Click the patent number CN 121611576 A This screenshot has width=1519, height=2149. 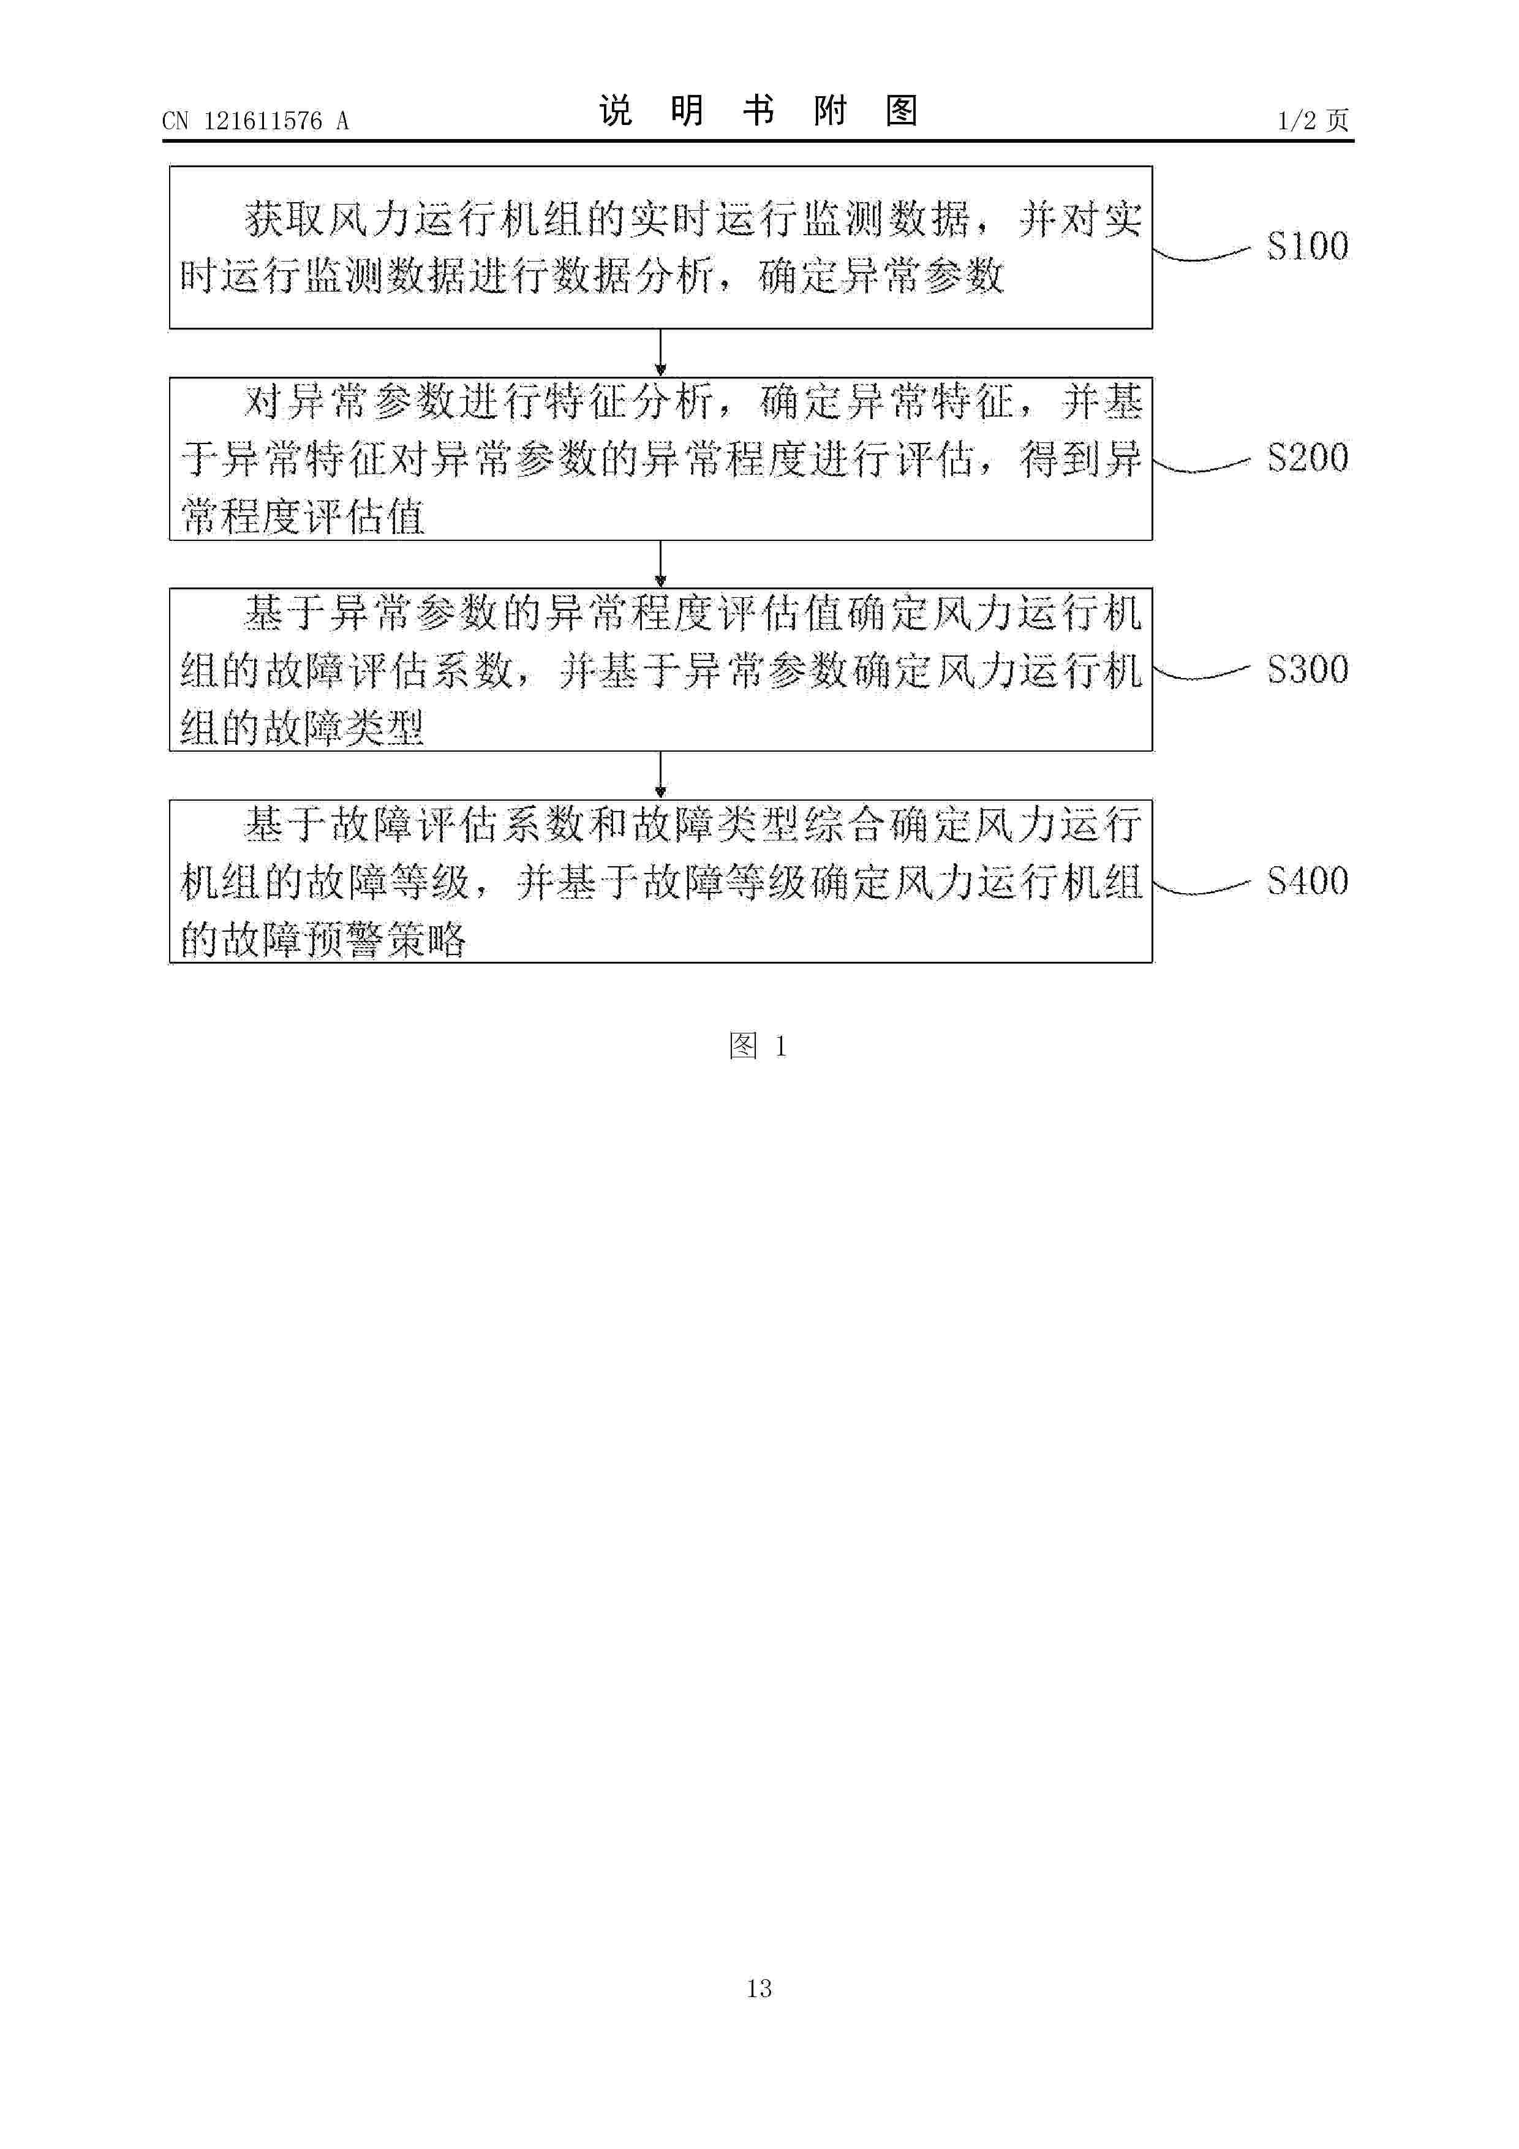click(255, 121)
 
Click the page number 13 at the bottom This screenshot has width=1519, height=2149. click(759, 1988)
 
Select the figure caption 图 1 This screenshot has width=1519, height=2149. click(758, 1046)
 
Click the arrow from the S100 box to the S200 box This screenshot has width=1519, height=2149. click(661, 353)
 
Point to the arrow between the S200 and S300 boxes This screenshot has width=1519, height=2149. click(661, 564)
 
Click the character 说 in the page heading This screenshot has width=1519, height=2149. click(616, 111)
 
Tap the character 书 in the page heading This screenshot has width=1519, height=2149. click(758, 111)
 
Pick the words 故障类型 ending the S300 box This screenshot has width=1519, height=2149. click(344, 727)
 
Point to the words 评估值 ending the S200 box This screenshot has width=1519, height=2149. click(365, 516)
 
